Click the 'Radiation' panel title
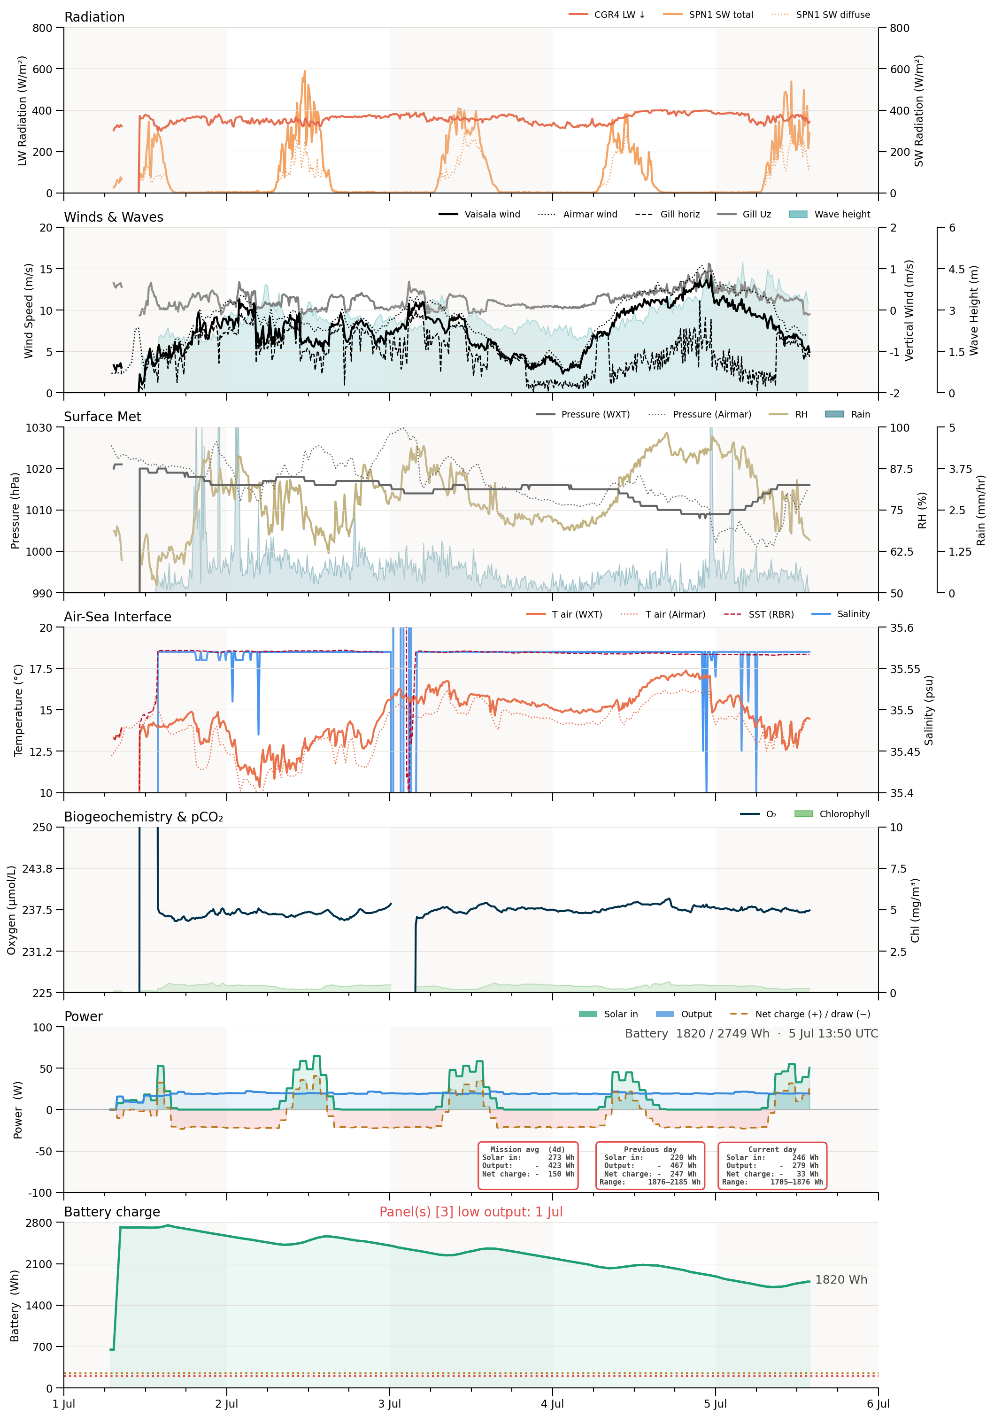94,16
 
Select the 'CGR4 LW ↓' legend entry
607,14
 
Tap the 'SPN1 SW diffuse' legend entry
821,14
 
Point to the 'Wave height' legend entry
830,214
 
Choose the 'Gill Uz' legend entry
745,214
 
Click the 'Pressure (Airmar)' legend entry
700,414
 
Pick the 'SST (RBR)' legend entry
759,614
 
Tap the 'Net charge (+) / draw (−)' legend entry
800,1014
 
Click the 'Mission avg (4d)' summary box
528,1165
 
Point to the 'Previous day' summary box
650,1165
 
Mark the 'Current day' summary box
772,1165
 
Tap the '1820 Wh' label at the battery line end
841,1279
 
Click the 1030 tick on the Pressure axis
39,428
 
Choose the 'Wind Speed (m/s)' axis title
28,310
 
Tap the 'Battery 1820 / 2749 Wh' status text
697,1034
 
